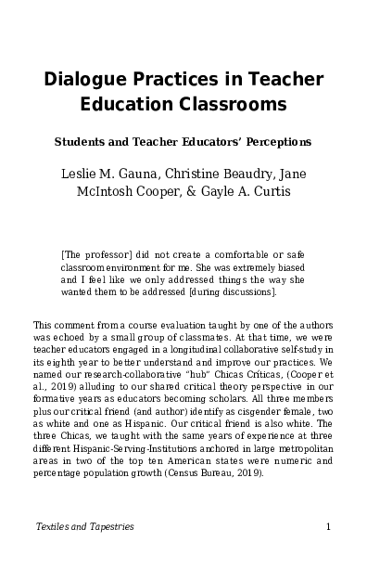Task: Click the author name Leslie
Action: [x=81, y=174]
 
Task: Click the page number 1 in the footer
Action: [x=329, y=527]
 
